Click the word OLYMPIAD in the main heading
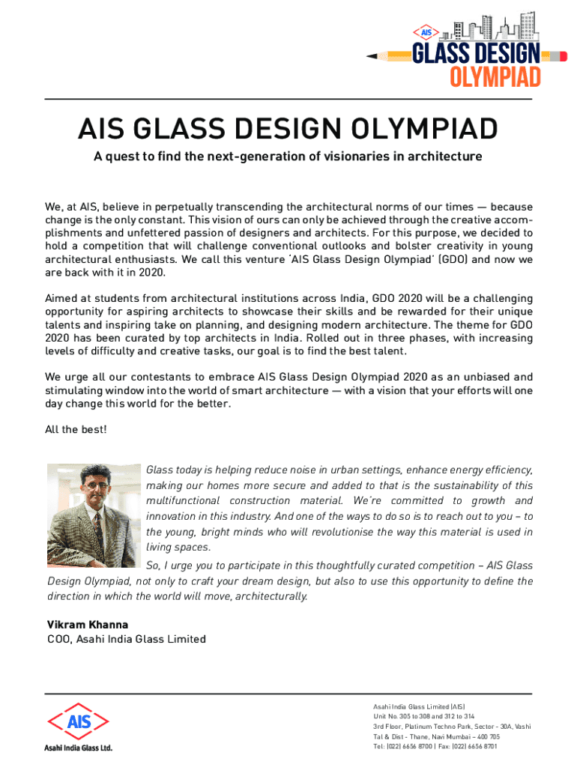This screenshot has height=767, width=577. point(420,130)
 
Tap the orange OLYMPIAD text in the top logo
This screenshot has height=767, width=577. point(495,76)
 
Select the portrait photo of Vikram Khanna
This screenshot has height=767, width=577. point(94,515)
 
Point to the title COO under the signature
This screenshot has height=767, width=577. point(58,639)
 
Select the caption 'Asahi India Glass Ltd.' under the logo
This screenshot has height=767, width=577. point(78,748)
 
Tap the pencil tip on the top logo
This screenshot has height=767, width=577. point(370,55)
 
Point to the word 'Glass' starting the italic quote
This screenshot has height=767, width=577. point(159,470)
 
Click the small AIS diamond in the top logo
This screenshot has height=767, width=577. point(427,32)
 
